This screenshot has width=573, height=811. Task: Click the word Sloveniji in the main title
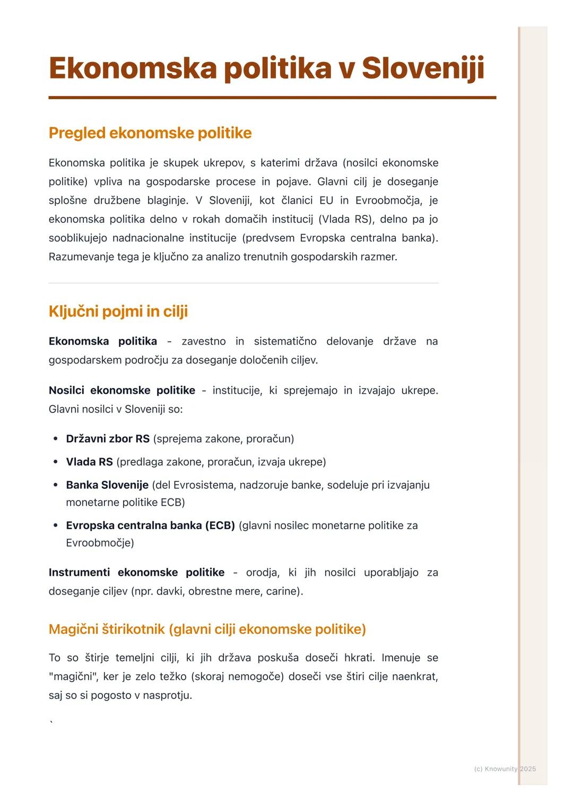tap(423, 68)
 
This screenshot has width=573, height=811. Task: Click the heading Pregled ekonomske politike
tap(150, 133)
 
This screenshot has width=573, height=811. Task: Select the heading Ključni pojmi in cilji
tap(118, 311)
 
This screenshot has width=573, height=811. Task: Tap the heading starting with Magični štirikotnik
tap(207, 629)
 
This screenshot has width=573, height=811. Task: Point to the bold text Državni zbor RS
tap(108, 439)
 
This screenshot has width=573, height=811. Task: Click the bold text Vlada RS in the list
tap(89, 462)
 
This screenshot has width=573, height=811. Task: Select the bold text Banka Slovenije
tap(107, 485)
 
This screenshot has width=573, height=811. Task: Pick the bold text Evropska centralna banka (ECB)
tap(150, 525)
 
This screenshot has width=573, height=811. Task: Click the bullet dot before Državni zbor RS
tap(56, 439)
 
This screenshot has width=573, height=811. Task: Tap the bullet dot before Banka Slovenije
tap(56, 485)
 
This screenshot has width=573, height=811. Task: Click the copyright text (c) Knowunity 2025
tap(505, 769)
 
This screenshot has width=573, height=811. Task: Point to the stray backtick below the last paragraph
tap(51, 722)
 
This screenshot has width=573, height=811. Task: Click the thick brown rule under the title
tap(272, 98)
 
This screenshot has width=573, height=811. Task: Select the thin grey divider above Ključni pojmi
tap(244, 283)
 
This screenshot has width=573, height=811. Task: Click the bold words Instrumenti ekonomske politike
tap(136, 572)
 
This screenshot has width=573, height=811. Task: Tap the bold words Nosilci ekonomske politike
tap(122, 390)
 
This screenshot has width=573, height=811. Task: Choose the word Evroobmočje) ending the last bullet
tap(100, 543)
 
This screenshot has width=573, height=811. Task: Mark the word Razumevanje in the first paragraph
tap(79, 257)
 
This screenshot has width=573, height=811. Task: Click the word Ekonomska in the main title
tap(133, 68)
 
